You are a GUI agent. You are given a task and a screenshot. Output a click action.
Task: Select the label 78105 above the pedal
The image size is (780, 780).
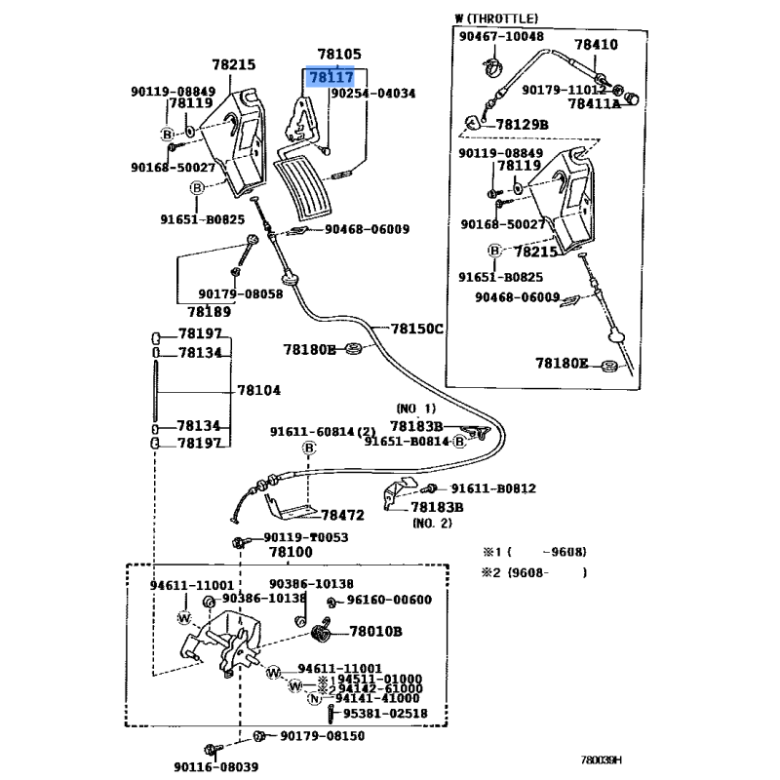[339, 55]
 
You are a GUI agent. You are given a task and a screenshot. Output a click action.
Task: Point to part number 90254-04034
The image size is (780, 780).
[372, 94]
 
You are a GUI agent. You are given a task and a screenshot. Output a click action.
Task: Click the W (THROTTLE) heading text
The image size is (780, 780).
[496, 19]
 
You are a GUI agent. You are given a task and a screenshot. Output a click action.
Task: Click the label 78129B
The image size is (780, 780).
[522, 125]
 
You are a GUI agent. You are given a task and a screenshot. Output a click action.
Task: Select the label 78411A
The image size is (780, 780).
[594, 103]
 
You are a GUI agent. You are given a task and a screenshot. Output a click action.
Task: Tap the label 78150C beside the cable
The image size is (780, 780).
[417, 329]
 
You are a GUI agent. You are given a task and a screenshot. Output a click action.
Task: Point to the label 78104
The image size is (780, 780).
[258, 390]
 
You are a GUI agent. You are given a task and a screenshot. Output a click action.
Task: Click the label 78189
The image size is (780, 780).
[211, 312]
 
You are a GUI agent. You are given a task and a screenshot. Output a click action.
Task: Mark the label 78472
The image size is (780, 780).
[342, 514]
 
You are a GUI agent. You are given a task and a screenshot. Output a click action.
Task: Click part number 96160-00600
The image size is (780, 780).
[389, 600]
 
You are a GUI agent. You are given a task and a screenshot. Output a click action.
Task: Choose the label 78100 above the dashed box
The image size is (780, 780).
[291, 553]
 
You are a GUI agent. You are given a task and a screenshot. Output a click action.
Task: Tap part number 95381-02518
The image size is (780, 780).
[384, 714]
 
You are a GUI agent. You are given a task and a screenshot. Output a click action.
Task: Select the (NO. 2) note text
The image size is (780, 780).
[431, 523]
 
